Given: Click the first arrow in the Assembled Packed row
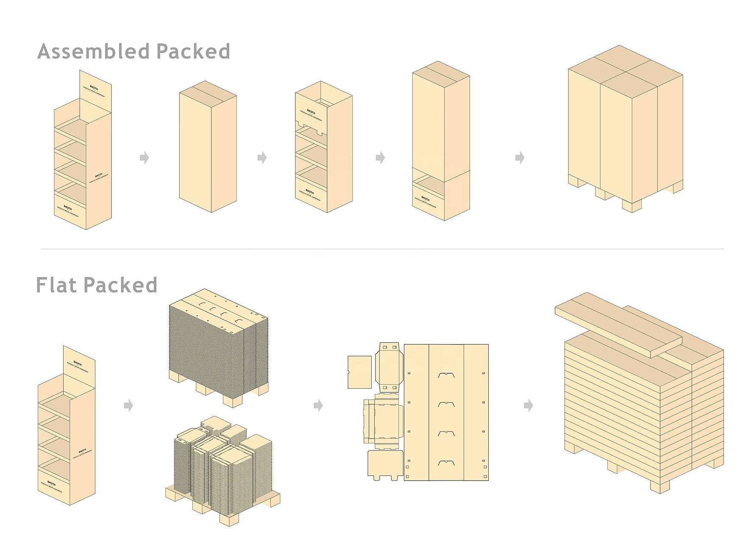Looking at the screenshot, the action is (x=145, y=158).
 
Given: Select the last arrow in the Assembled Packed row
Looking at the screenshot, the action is (x=520, y=158).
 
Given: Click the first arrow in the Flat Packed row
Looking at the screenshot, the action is (x=128, y=406).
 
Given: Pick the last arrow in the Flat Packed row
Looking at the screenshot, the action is (x=528, y=406).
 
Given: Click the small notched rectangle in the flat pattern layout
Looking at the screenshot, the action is (x=359, y=372).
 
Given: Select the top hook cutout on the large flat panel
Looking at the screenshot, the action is (x=446, y=375).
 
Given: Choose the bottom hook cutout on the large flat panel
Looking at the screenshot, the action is (x=446, y=463).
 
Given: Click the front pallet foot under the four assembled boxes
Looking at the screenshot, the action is (x=631, y=206).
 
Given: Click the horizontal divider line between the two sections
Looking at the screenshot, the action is (x=381, y=249).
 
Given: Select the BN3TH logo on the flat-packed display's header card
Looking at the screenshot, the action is (x=78, y=363).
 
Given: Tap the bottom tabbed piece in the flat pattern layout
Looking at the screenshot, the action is (x=385, y=464).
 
